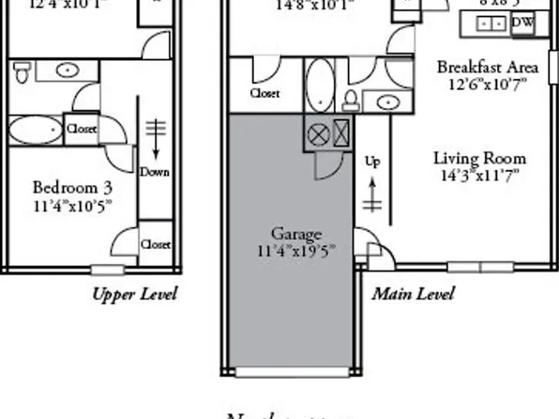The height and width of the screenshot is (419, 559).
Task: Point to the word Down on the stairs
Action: coord(155,172)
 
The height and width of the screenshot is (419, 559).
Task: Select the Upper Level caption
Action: coord(134,294)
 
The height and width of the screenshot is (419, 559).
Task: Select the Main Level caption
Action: coord(413,294)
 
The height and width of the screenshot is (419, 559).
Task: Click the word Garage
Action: coord(296,234)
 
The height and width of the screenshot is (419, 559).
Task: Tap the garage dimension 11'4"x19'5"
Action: coord(296,251)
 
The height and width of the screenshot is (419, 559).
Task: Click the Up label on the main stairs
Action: coord(372,162)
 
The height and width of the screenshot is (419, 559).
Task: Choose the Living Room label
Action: coord(479,158)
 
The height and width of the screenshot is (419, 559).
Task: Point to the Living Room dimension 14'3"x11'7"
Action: coord(479,175)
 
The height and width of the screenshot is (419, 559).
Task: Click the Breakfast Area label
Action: coord(488,67)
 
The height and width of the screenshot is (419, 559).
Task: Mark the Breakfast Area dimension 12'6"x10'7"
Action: coord(488,84)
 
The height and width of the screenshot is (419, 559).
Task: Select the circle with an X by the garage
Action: coord(318,133)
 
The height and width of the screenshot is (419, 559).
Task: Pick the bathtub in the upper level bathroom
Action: coord(34,130)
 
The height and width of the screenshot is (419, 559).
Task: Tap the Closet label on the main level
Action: coord(264,94)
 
